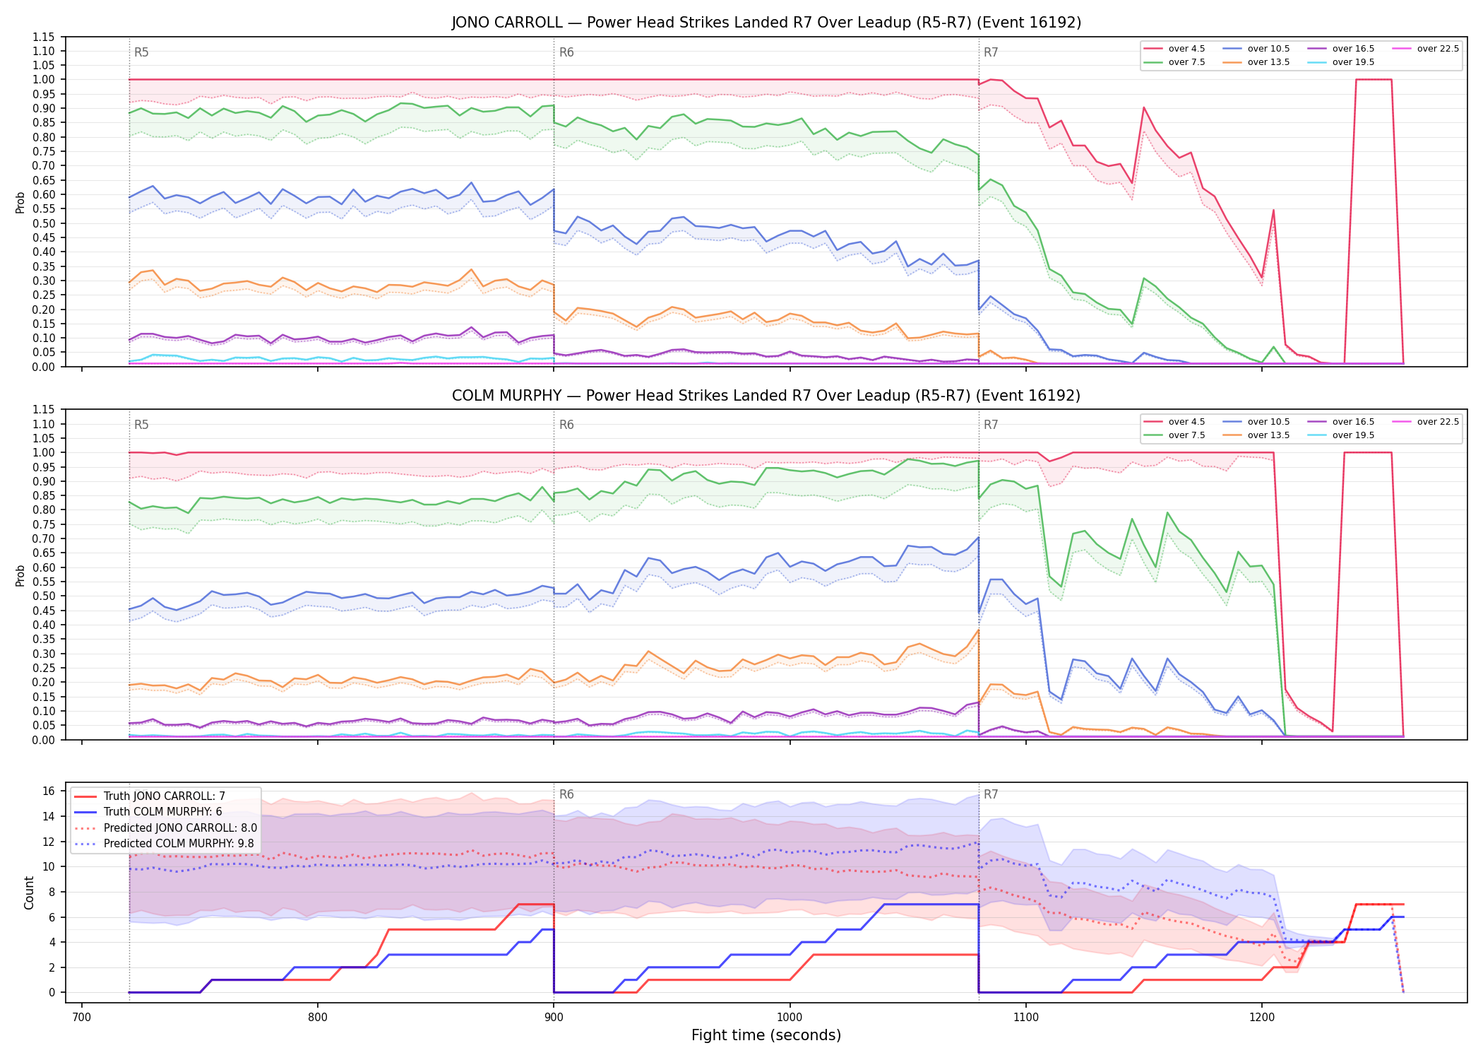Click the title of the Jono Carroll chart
pyautogui.click(x=766, y=23)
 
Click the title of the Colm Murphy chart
pyautogui.click(x=766, y=396)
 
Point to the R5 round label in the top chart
pyautogui.click(x=141, y=52)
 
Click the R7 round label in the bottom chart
pyautogui.click(x=991, y=794)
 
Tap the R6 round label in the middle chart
pyautogui.click(x=566, y=425)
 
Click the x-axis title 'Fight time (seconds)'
pyautogui.click(x=766, y=1035)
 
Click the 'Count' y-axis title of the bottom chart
pyautogui.click(x=29, y=893)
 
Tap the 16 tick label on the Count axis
pyautogui.click(x=49, y=791)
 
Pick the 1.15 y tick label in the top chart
pyautogui.click(x=44, y=37)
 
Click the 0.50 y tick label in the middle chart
pyautogui.click(x=44, y=596)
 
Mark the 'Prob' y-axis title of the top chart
pyautogui.click(x=20, y=202)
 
